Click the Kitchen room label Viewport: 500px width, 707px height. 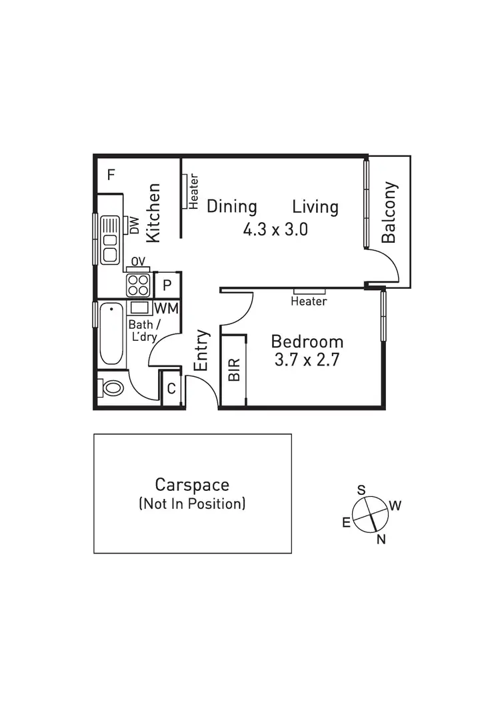(x=153, y=213)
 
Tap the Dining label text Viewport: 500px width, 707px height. (x=231, y=206)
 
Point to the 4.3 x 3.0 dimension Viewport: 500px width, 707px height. (x=275, y=230)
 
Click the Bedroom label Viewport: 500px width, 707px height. (x=307, y=342)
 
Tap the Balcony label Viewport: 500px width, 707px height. (x=389, y=212)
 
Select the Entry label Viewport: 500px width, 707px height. (x=201, y=351)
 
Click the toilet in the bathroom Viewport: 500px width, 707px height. (x=112, y=388)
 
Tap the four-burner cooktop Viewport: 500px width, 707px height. (x=139, y=285)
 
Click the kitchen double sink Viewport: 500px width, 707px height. (x=109, y=239)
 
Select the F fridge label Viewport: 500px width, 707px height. (x=111, y=175)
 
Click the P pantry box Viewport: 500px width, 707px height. (x=167, y=285)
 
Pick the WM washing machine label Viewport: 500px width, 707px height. (x=166, y=308)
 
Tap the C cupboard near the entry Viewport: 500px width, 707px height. (x=171, y=389)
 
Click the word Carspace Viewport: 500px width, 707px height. (x=192, y=484)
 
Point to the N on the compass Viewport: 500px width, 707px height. (x=381, y=540)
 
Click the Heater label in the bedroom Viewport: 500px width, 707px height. (x=309, y=301)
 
